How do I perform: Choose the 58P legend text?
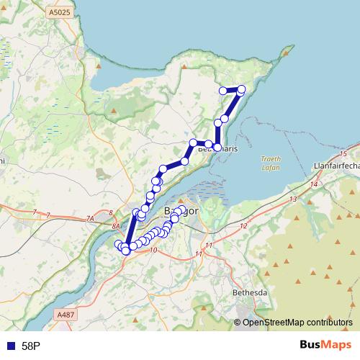click(31, 346)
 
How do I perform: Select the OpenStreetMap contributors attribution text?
click(293, 322)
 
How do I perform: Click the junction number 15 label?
click(343, 155)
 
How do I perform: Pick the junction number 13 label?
click(293, 198)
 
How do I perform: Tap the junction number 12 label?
click(243, 226)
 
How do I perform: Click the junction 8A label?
click(116, 225)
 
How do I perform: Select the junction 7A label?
click(90, 218)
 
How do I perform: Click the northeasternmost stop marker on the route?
click(241, 89)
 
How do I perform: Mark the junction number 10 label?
click(153, 250)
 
